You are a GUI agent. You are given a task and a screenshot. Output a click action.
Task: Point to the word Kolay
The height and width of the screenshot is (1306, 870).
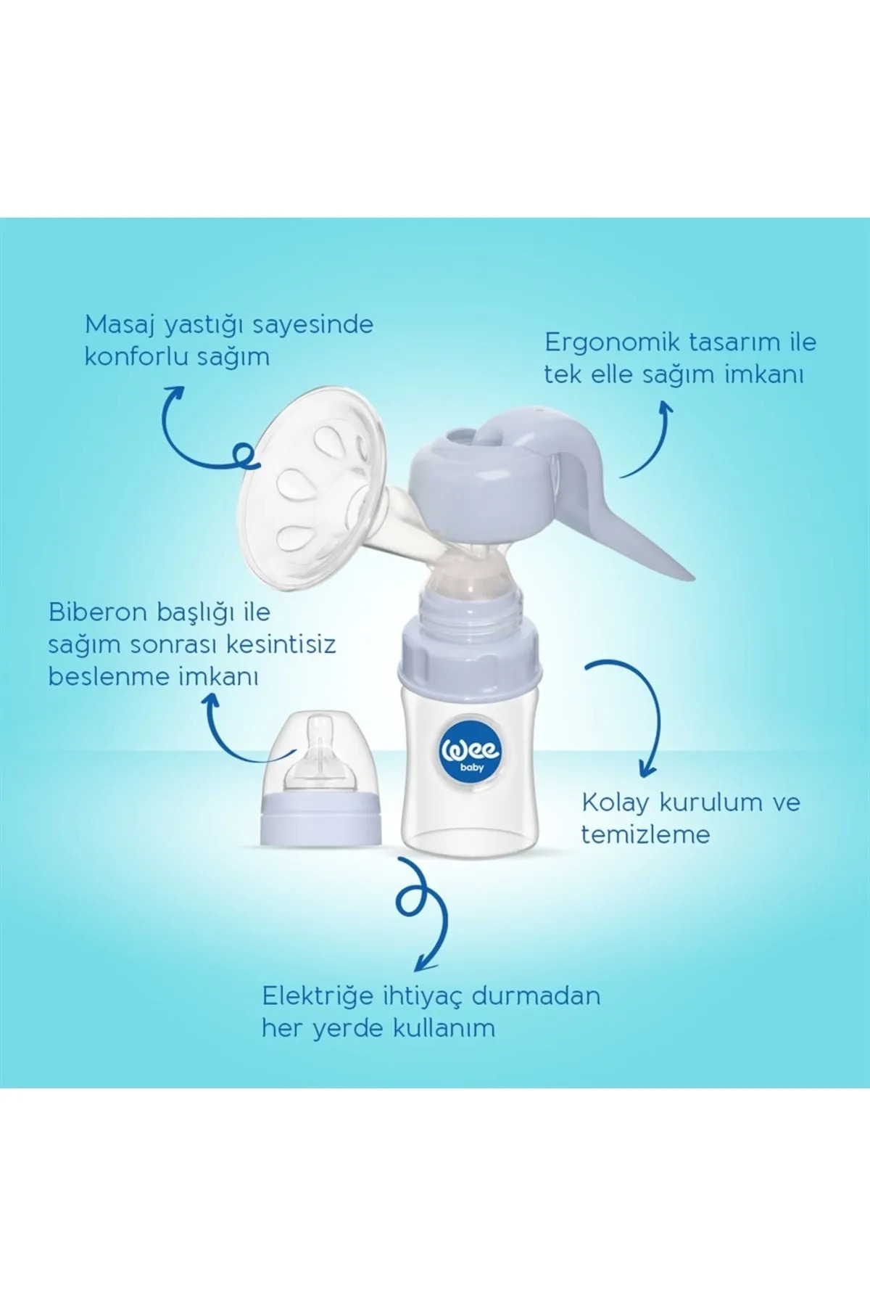[x=616, y=802]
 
